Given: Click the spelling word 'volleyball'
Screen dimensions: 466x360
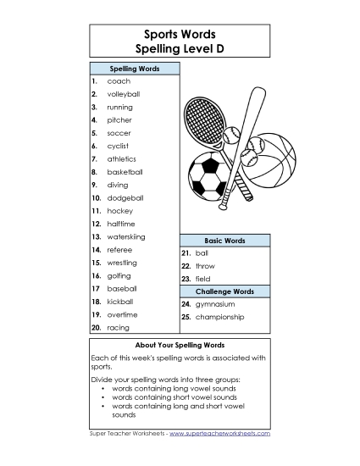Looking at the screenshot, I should coord(124,94).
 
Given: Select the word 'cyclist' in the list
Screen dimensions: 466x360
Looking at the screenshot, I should coord(118,146).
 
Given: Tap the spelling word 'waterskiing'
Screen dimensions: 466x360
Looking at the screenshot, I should coord(126,236).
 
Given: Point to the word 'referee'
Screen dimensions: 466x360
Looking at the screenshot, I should coord(119,250).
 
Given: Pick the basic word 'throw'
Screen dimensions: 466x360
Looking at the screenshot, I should coord(205,266).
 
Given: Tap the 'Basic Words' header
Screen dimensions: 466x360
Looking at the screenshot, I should coord(224,241).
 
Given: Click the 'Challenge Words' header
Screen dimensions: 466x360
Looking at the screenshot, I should coord(224,291).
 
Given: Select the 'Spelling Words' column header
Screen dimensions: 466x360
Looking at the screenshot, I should coord(134,68).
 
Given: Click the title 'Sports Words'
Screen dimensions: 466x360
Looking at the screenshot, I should coord(180,35).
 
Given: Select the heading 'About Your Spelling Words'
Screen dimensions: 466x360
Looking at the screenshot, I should coord(180,346).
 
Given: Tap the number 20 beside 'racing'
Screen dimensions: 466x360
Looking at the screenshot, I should coord(97,327).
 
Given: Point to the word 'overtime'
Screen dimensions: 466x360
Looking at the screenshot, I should coord(122,314).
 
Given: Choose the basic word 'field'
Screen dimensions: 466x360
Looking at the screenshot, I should coord(202,279).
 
